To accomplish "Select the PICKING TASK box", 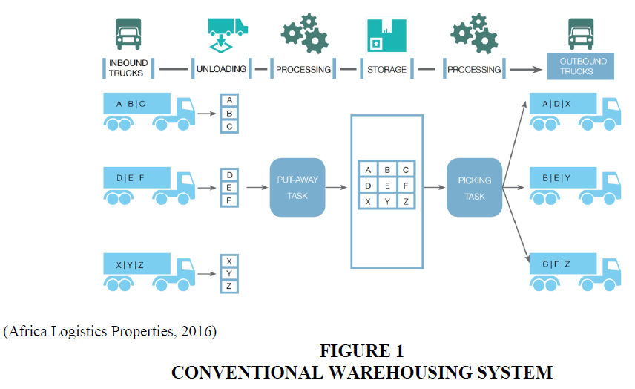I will point(474,187).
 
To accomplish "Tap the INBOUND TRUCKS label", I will point(128,68).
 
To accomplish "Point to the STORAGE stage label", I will point(386,69).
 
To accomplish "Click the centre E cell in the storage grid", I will point(386,186).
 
